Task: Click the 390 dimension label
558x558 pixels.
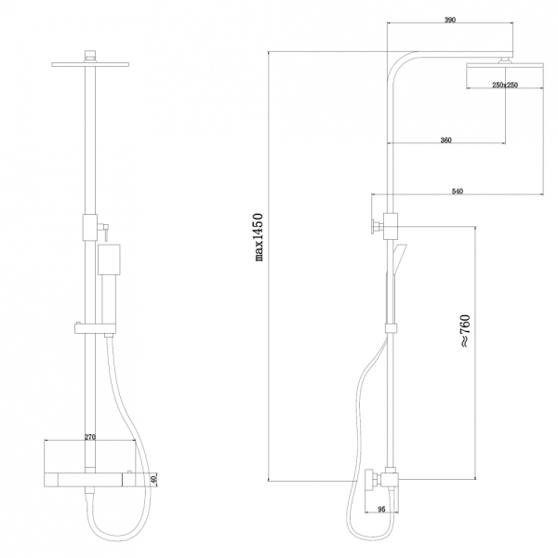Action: [x=450, y=20]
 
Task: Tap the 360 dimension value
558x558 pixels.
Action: [x=445, y=140]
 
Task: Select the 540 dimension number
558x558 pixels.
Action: [x=458, y=192]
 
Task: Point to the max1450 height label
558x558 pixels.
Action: [x=259, y=237]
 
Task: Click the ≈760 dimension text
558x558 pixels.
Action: [x=465, y=330]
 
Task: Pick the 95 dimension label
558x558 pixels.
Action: [x=381, y=510]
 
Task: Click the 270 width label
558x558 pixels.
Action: [x=90, y=438]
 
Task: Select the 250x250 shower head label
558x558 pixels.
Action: [x=505, y=85]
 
